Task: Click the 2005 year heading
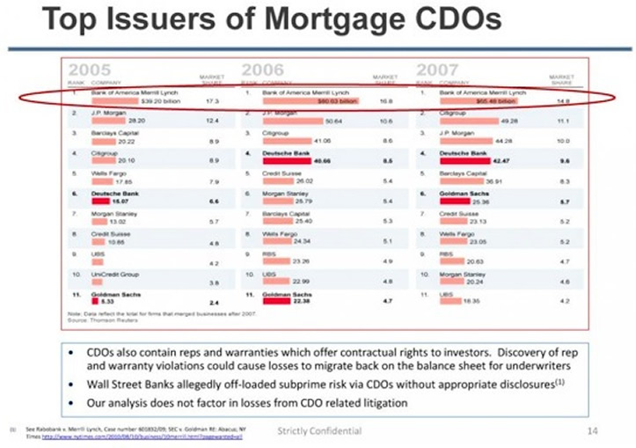(x=91, y=70)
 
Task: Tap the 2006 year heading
(x=263, y=70)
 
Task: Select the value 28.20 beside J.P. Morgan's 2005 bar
(x=137, y=121)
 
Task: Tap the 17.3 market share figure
(x=211, y=101)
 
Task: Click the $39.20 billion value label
(x=150, y=101)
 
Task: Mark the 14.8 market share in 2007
(x=562, y=101)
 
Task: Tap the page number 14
(x=591, y=430)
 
